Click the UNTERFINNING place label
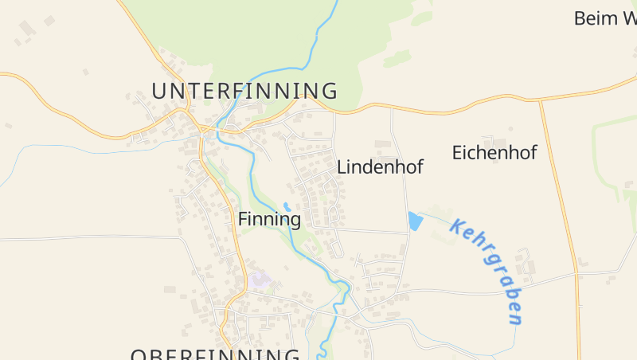click(244, 90)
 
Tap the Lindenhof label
click(380, 167)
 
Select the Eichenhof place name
click(494, 153)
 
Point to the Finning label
click(269, 219)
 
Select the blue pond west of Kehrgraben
click(414, 221)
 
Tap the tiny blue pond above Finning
click(287, 206)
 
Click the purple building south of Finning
click(260, 279)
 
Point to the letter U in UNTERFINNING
click(158, 90)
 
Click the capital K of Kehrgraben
click(457, 226)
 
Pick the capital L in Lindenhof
click(342, 167)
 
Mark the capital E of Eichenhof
click(458, 153)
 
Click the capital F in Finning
click(243, 219)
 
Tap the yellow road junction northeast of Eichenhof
click(541, 101)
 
